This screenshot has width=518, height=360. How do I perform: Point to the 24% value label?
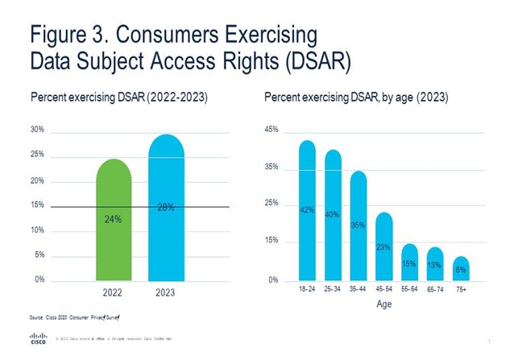pos(113,219)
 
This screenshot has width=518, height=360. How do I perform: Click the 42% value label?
pos(307,209)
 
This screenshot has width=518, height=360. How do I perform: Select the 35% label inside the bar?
pos(358,226)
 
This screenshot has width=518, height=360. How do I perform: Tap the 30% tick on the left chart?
pos(37,130)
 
